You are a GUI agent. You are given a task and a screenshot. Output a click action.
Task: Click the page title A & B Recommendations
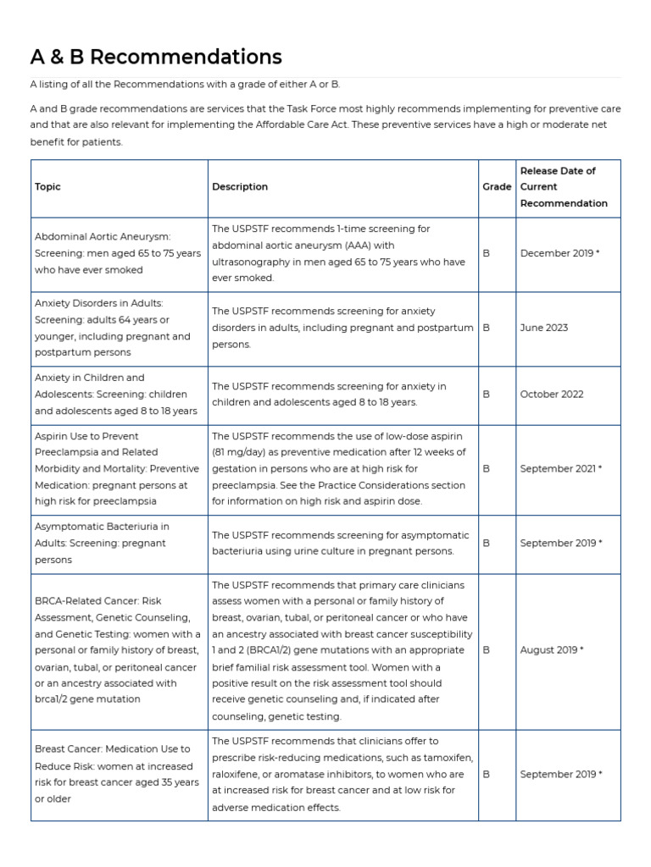coord(156,57)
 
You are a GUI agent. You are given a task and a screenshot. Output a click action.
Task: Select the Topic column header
coord(47,186)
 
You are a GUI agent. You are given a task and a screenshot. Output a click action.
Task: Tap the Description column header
coord(239,186)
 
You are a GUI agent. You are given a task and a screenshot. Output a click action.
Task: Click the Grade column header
coord(497,186)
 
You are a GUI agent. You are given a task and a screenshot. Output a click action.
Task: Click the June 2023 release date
coord(543,328)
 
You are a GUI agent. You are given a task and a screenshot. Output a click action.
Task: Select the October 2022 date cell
coord(551,394)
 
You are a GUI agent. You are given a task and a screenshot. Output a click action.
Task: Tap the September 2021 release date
coord(560,468)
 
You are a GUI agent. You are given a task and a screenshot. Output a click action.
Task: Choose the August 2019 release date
coord(552,650)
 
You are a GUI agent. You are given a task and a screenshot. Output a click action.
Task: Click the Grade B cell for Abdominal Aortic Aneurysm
coord(486,253)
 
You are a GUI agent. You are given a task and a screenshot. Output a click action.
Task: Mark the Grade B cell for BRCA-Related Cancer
coord(486,650)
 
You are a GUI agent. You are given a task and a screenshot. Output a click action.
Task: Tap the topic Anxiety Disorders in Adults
coord(99,303)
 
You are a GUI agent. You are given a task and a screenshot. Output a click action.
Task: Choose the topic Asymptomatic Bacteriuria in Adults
coord(102,527)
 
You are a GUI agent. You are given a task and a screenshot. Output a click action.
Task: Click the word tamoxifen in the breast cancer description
coord(448,758)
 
